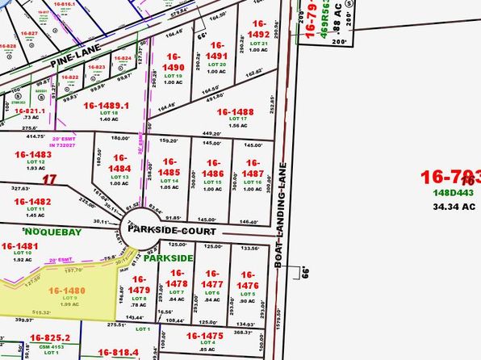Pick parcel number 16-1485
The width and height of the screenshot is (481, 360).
tap(169, 171)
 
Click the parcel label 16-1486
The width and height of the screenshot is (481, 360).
tap(213, 172)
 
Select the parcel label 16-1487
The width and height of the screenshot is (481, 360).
tap(253, 172)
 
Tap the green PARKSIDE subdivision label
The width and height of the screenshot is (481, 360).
tap(169, 258)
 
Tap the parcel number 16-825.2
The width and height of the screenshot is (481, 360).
tap(50, 338)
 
